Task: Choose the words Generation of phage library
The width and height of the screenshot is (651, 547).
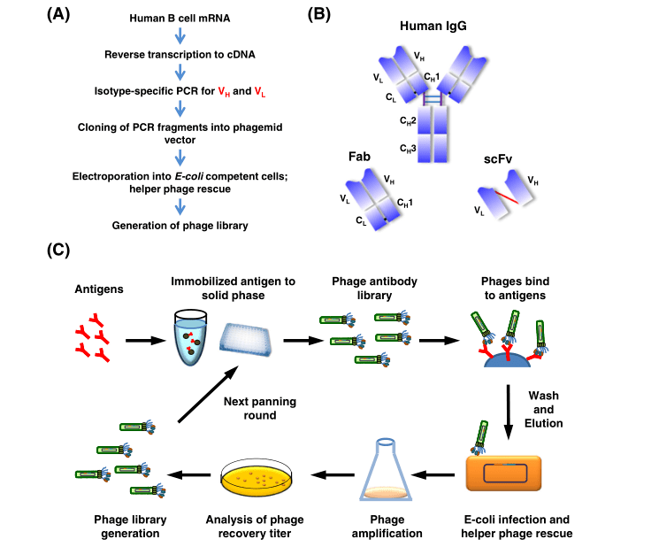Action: tap(180, 225)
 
